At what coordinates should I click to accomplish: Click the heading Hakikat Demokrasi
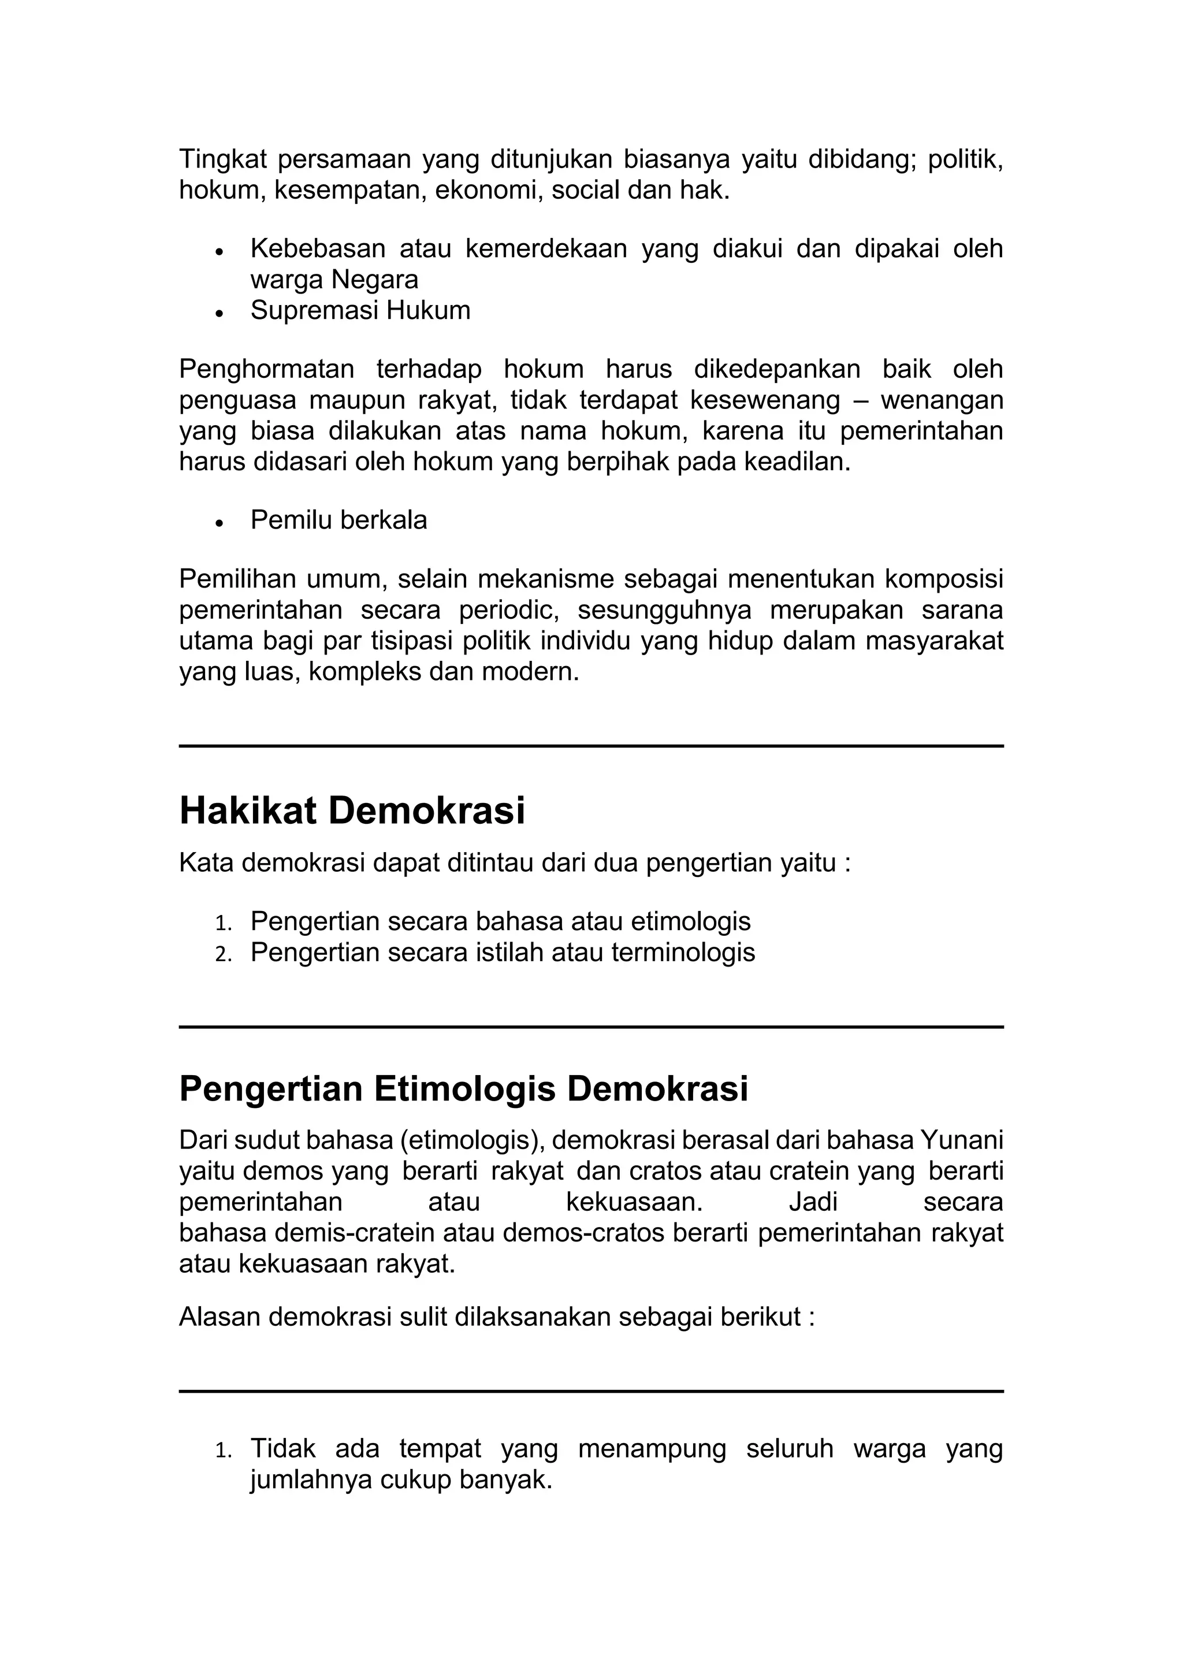point(352,811)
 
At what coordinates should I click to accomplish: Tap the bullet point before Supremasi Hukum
point(218,313)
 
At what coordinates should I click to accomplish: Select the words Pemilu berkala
point(338,521)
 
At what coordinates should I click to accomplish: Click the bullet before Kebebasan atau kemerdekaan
point(218,251)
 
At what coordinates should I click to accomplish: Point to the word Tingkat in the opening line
point(223,159)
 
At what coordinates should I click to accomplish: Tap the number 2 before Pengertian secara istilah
point(223,954)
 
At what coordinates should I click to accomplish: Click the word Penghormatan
point(267,369)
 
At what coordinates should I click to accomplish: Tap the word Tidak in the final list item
point(282,1449)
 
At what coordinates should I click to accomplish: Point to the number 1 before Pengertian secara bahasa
point(223,923)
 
